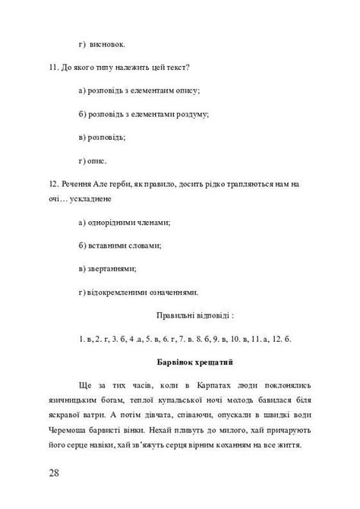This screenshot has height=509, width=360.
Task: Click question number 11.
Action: pyautogui.click(x=52, y=68)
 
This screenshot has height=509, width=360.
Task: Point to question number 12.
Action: pyautogui.click(x=52, y=184)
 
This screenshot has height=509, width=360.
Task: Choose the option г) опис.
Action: pyautogui.click(x=93, y=160)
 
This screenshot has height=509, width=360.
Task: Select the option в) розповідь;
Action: pyautogui.click(x=102, y=138)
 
